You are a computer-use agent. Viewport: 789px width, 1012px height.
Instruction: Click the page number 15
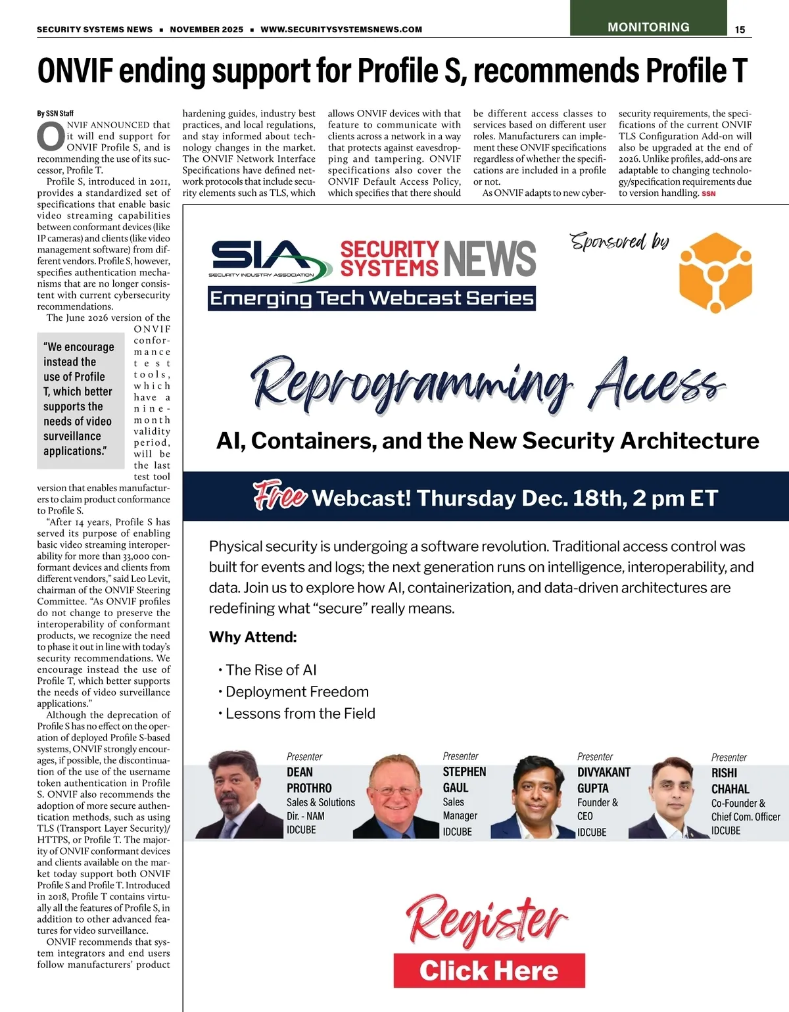(740, 30)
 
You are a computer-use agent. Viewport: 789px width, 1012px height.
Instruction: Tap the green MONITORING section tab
(648, 27)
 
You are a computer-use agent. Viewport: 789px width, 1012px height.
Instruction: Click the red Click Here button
(489, 971)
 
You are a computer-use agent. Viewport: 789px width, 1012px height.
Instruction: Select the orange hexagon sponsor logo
(715, 272)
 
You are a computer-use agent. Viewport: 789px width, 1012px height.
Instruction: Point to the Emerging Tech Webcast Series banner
(371, 299)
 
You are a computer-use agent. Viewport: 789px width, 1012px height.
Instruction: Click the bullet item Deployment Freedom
(297, 692)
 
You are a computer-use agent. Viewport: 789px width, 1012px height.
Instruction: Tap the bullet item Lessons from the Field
(300, 713)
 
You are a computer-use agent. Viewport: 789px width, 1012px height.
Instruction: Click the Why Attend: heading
(252, 637)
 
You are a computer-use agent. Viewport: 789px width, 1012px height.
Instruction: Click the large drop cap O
(51, 137)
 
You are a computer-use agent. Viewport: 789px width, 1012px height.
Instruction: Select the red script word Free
(279, 496)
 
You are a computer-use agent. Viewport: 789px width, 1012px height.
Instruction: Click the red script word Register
(487, 920)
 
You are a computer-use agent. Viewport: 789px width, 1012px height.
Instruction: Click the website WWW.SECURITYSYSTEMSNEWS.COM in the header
(341, 30)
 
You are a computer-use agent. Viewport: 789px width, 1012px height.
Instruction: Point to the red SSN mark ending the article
(708, 194)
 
